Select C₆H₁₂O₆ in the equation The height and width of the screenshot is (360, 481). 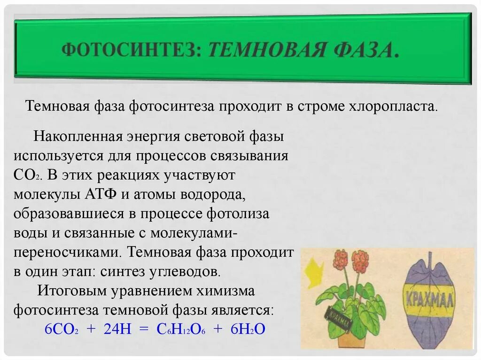[x=180, y=329]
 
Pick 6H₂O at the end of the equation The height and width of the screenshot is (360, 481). [x=248, y=329]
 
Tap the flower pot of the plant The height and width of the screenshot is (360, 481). [x=352, y=337]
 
